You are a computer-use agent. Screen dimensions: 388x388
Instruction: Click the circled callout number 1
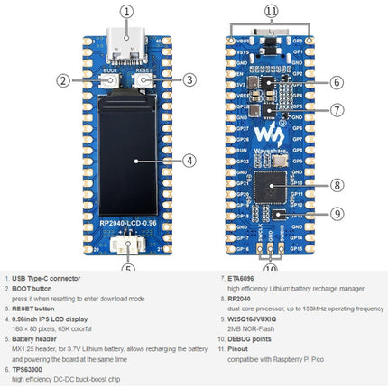tap(126, 12)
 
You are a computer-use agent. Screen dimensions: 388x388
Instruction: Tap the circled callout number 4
tap(189, 160)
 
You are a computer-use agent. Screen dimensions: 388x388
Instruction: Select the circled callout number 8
tap(335, 186)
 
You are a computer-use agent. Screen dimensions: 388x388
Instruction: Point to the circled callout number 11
tap(272, 12)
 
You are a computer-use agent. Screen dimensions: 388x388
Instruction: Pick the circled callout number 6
tap(335, 82)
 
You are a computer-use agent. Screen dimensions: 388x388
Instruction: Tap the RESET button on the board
tap(143, 80)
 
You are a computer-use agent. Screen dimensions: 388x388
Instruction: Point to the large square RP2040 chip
tap(272, 187)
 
